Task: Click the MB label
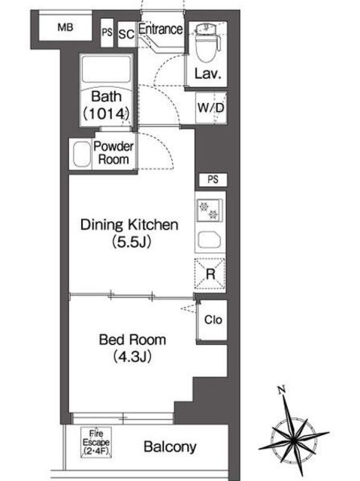pos(65,27)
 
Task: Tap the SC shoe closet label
pos(126,34)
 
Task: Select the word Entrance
pos(160,29)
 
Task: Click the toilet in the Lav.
pos(208,42)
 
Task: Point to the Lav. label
pos(208,74)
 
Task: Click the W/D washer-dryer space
pos(211,108)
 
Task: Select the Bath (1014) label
pos(106,105)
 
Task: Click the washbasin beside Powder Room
pos(82,154)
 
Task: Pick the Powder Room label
pos(113,153)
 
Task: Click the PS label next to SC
pos(107,32)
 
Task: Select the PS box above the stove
pos(213,180)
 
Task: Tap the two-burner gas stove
pos(209,210)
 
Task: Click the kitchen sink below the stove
pos(209,240)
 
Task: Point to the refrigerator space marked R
pos(210,274)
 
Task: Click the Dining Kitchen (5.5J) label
pos(129,233)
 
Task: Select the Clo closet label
pos(213,320)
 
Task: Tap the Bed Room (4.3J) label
pos(132,348)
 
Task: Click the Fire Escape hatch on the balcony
pos(96,443)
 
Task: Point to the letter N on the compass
pos(282,389)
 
